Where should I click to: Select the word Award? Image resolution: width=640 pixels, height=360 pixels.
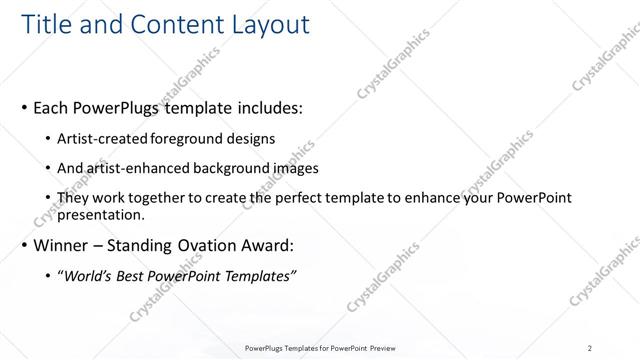tap(272, 244)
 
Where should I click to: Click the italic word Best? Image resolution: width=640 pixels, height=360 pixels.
tap(137, 275)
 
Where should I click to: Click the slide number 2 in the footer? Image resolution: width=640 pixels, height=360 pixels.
tap(590, 348)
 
